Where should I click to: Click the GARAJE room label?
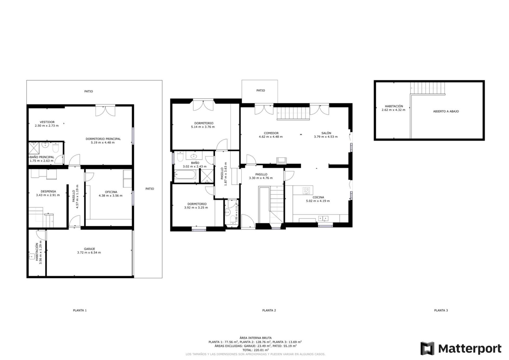point(90,249)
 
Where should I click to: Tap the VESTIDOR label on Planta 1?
point(47,122)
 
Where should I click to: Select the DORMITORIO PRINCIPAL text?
point(103,139)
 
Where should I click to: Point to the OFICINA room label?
point(111,192)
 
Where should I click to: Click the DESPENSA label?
point(48,191)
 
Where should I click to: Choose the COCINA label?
point(318,197)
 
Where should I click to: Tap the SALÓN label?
point(326,133)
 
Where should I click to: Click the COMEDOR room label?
point(271,133)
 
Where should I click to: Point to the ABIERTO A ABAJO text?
point(446,111)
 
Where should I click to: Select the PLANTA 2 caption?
point(269,310)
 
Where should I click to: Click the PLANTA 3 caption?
point(441,310)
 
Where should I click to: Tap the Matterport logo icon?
point(427,348)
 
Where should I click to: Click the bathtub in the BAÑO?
point(185,175)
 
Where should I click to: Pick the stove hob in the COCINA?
point(306,190)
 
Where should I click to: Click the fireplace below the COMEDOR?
point(281,160)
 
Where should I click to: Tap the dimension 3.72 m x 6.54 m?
point(89,253)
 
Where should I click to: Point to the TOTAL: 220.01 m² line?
point(255,350)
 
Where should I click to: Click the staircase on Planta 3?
point(428,88)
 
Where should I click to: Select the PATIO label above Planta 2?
point(261,90)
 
